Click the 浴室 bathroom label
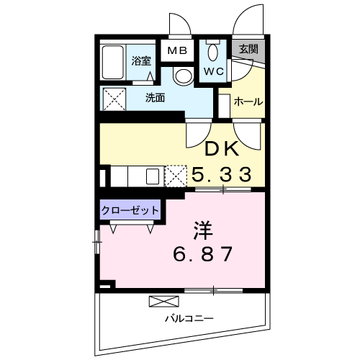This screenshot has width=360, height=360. (x=140, y=61)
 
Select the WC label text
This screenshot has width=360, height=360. (x=213, y=71)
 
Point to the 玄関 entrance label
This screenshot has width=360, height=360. (x=248, y=50)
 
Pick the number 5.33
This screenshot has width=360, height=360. (x=221, y=174)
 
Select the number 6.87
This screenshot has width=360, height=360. (x=203, y=255)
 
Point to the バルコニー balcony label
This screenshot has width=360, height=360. (x=189, y=318)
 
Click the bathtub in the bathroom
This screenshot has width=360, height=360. (x=114, y=63)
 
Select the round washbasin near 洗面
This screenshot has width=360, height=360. (x=183, y=76)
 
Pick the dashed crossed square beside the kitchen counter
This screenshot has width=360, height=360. (x=175, y=176)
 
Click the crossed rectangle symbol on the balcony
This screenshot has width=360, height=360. (x=161, y=301)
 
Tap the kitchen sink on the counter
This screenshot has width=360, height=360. (x=152, y=176)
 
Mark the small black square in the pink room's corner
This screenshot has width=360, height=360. (x=105, y=285)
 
